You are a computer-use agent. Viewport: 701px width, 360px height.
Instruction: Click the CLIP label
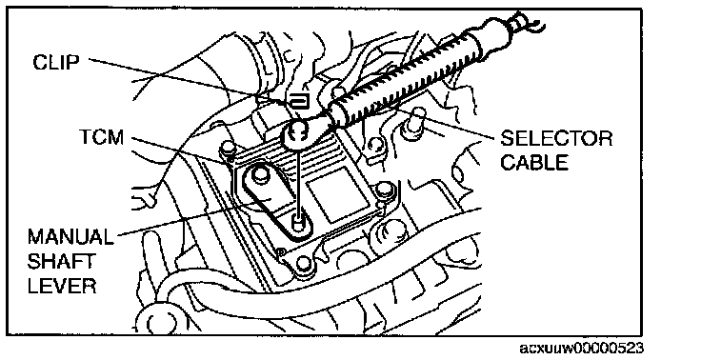coord(56,62)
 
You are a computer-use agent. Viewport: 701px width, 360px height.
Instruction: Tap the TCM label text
coord(102,137)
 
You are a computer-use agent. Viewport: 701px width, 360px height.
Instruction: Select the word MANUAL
coord(70,236)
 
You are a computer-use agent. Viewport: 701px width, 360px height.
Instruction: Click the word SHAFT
coord(61,261)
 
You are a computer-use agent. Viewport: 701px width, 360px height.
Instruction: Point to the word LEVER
coord(62,286)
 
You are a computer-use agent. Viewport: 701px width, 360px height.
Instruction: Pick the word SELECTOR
coord(556,138)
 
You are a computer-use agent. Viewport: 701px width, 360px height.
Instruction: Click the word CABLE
coord(533,162)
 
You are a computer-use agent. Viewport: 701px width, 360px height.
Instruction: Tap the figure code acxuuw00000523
coord(581,348)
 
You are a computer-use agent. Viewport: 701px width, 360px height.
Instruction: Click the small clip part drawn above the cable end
coord(299,102)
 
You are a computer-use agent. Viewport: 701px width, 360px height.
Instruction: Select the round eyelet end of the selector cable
coord(297,132)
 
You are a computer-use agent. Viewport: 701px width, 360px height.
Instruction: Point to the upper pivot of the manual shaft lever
coord(260,172)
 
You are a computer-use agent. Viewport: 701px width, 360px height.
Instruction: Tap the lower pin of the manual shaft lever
coord(297,222)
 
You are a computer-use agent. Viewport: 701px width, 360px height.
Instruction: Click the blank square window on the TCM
coord(331,193)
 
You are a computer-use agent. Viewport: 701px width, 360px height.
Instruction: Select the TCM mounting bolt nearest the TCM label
coord(227,148)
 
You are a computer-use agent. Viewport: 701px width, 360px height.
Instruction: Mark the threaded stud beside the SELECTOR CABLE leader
coord(414,121)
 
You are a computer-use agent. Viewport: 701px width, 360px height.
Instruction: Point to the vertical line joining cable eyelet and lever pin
coord(297,178)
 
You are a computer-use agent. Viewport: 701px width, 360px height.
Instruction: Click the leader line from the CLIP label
coord(189,81)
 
